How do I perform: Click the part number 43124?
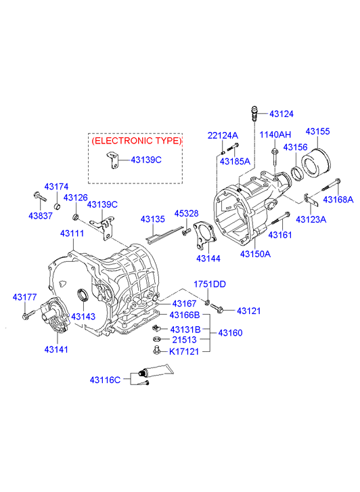282,114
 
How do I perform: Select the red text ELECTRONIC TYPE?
137,141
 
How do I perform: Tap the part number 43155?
317,131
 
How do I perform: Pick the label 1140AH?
275,135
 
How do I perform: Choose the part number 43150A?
255,254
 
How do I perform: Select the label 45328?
187,213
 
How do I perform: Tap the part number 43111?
72,233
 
